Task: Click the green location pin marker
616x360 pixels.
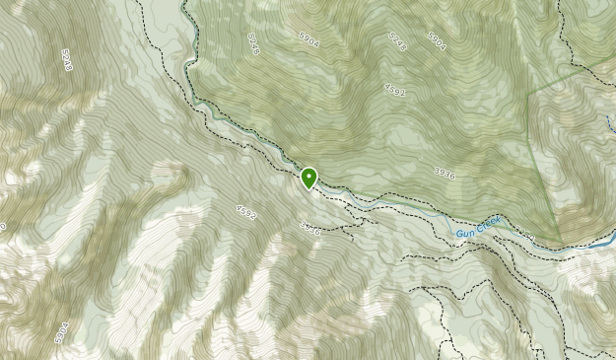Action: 308,179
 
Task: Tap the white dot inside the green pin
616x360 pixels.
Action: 308,176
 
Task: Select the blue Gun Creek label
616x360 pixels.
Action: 479,228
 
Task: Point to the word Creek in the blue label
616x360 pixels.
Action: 489,225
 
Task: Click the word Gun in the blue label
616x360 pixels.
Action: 464,233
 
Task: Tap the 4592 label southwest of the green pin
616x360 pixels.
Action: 245,211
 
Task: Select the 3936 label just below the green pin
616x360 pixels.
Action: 309,228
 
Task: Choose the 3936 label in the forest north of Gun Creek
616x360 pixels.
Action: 445,174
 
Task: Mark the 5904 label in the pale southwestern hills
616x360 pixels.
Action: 62,333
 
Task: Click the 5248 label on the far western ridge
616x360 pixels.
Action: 66,60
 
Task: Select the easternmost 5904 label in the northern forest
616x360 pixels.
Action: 437,39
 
